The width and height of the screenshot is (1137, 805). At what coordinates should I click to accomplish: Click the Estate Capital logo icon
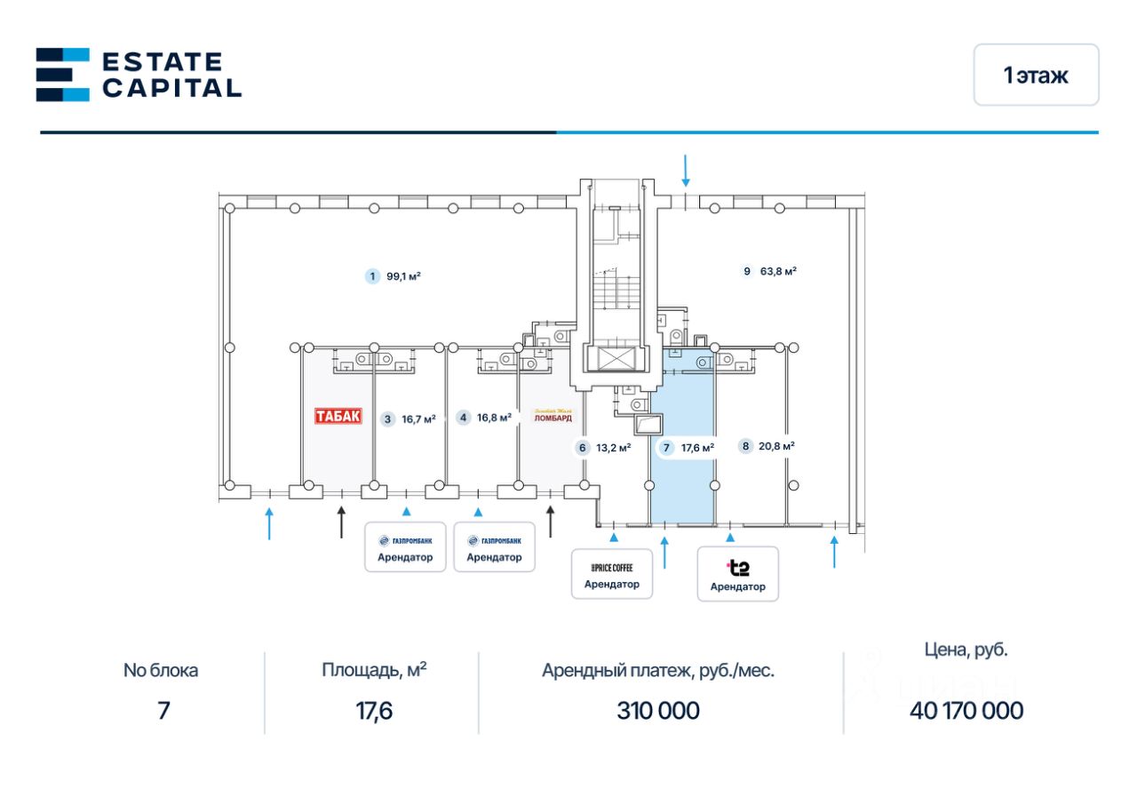[62, 75]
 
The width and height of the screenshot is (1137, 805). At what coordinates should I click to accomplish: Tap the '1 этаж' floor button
[1036, 76]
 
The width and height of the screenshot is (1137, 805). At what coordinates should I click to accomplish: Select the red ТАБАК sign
[338, 416]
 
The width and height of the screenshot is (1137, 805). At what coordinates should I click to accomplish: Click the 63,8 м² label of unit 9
[779, 271]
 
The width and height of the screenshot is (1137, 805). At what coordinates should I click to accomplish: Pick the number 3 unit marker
[387, 419]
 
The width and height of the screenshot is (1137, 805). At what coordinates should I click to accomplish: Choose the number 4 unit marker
[463, 417]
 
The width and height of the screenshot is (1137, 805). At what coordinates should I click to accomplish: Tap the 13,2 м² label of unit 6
[613, 448]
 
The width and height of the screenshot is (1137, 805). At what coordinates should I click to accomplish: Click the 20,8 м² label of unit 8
[777, 446]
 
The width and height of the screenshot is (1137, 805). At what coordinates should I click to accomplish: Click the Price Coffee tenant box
[611, 574]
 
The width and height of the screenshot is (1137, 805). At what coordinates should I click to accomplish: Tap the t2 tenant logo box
[737, 574]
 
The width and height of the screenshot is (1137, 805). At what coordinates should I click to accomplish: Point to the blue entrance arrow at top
[685, 170]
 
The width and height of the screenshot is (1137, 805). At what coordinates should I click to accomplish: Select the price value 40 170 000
[966, 711]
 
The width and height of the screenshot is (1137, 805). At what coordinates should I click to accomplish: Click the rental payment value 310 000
[658, 711]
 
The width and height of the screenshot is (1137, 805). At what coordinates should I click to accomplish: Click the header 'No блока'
[161, 671]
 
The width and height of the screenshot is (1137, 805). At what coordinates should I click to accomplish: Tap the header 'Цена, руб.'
[966, 650]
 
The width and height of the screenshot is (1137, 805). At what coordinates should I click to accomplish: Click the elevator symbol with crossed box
[612, 359]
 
